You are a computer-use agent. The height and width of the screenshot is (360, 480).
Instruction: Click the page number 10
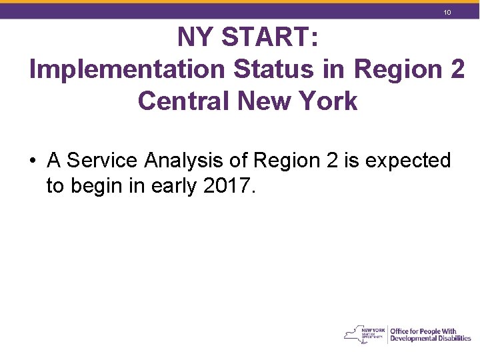pyautogui.click(x=448, y=13)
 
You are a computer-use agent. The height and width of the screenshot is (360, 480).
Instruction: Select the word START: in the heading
pyautogui.click(x=270, y=38)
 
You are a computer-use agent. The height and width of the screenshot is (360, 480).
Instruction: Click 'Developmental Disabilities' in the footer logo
pyautogui.click(x=431, y=339)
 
